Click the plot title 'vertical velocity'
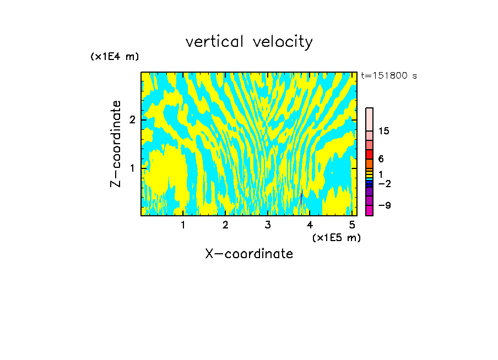[x=249, y=42]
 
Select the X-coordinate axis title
[x=249, y=254]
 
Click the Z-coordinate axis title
[x=116, y=144]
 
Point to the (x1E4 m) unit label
[x=115, y=57]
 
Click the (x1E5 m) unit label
[x=336, y=237]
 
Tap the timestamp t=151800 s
[x=389, y=75]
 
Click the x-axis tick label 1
[x=183, y=225]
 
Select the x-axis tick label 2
[x=225, y=225]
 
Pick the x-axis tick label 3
[x=268, y=225]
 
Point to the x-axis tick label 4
[x=310, y=225]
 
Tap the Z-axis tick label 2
[x=131, y=120]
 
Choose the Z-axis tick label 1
[x=131, y=168]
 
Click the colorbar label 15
[x=384, y=131]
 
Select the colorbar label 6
[x=381, y=159]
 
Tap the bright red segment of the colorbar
[x=369, y=154]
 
